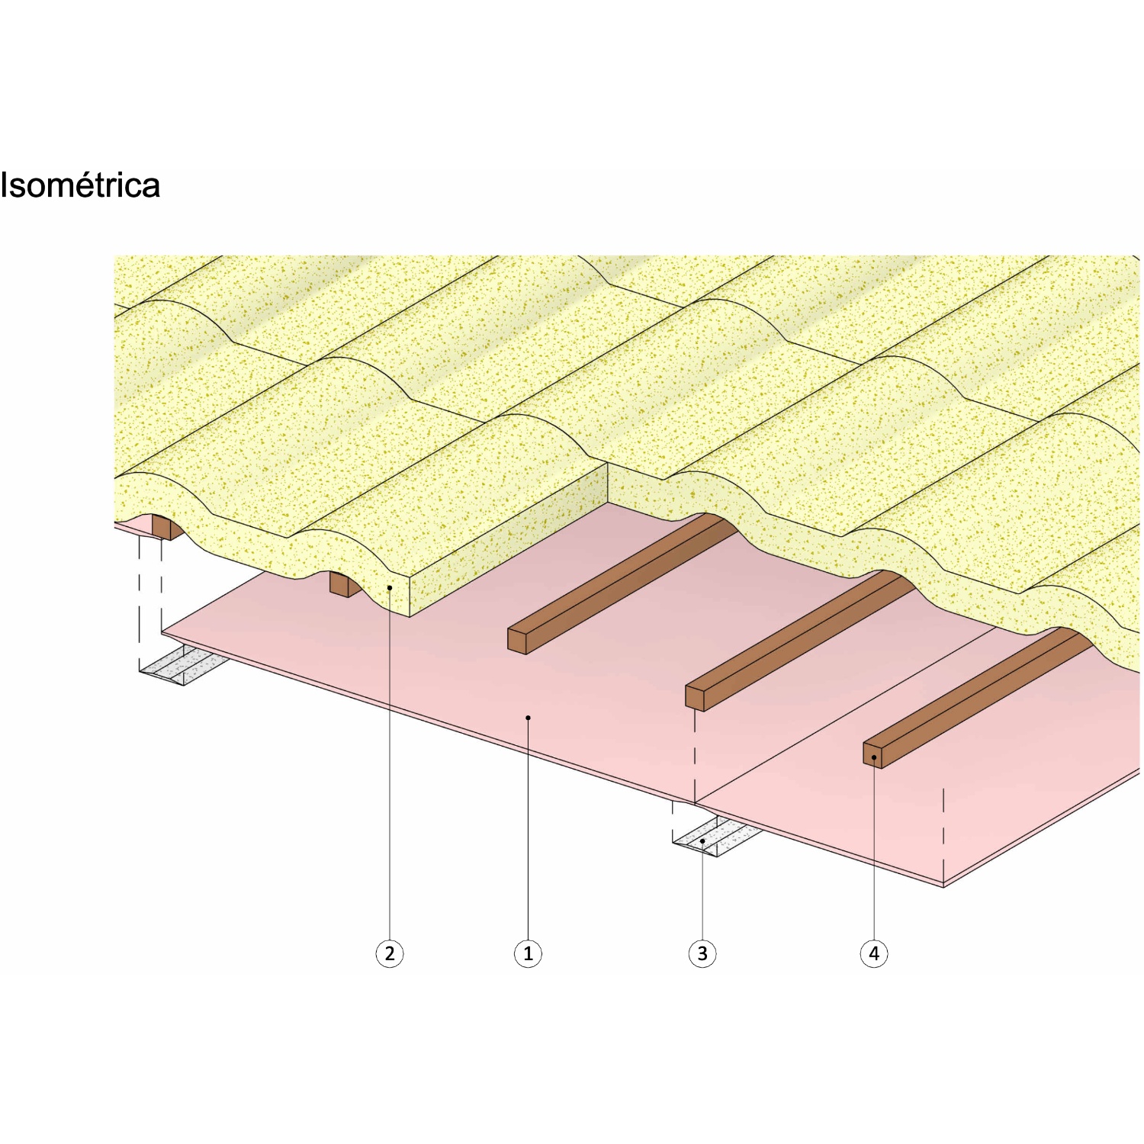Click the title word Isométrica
(x=80, y=185)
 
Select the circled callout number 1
(x=528, y=953)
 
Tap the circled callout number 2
(x=390, y=953)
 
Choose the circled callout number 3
(x=702, y=953)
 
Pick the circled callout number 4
(x=874, y=953)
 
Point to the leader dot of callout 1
(x=528, y=718)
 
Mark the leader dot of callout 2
(x=390, y=588)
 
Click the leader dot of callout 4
(x=874, y=757)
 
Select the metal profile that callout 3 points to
(x=713, y=838)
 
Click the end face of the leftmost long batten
(x=517, y=641)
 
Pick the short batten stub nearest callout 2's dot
(x=339, y=584)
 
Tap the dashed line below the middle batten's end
(x=695, y=755)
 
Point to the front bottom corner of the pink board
(x=944, y=885)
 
